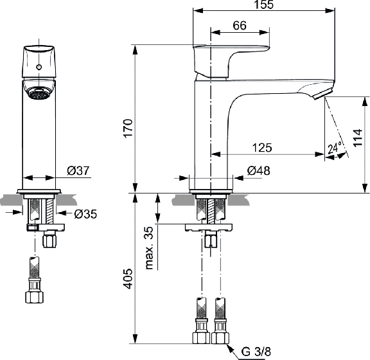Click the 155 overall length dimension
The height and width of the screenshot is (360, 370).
tap(264, 4)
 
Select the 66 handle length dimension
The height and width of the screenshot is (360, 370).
tap(240, 26)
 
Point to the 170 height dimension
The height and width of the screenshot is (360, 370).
tap(128, 129)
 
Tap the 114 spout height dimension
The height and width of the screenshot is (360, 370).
tap(358, 138)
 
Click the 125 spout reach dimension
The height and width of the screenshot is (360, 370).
tap(262, 148)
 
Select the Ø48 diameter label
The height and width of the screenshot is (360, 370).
tap(259, 170)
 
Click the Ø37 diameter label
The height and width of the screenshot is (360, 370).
tap(78, 170)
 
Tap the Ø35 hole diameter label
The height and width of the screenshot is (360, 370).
tap(85, 214)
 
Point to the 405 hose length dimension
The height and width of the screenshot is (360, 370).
tap(128, 278)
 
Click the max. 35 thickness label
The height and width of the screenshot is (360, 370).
tap(150, 248)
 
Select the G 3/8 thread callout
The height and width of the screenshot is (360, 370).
tap(256, 352)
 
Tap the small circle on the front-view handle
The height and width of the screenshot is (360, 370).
tap(39, 67)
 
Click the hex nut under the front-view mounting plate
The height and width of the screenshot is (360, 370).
tap(49, 239)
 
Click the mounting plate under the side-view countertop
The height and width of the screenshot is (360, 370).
tap(209, 228)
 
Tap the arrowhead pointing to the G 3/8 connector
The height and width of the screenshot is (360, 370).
tap(230, 347)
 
